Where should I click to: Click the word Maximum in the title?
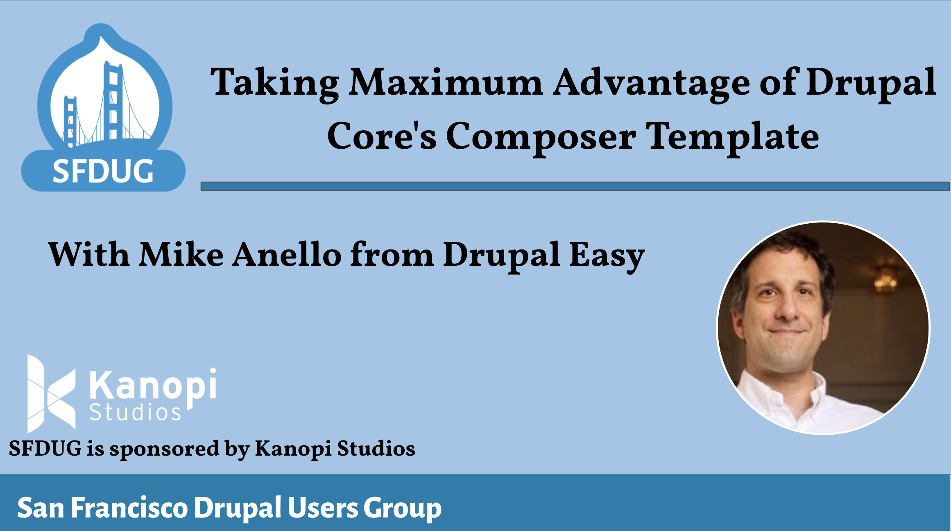click(x=446, y=83)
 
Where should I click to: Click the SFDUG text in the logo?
click(x=103, y=171)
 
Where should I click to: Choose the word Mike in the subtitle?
click(x=181, y=254)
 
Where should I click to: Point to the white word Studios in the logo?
click(x=135, y=412)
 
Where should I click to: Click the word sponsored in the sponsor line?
click(x=164, y=449)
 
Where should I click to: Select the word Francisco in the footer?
click(x=129, y=508)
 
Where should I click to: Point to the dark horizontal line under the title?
click(x=575, y=186)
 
